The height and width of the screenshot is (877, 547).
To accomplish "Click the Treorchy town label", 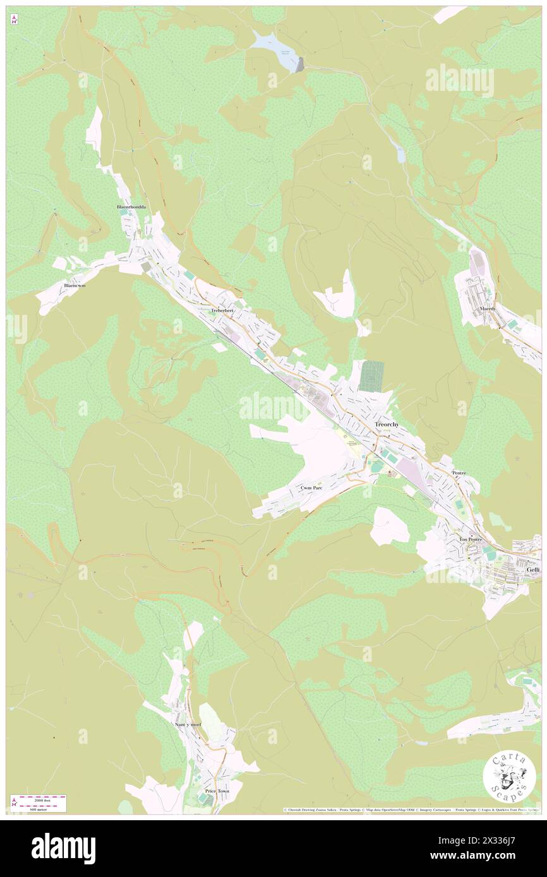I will (x=387, y=425).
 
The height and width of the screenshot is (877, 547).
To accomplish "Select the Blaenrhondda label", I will (x=131, y=207).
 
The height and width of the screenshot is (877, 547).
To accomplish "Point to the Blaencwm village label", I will (x=75, y=286).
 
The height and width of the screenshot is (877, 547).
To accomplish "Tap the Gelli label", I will (x=532, y=569).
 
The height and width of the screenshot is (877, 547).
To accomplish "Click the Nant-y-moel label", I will (x=187, y=724).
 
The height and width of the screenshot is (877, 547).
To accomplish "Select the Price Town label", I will (x=217, y=791).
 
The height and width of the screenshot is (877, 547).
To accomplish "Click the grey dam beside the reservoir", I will (x=300, y=64).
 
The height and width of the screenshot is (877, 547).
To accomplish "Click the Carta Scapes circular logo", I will (x=509, y=777).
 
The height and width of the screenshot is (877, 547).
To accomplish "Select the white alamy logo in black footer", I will (x=63, y=849).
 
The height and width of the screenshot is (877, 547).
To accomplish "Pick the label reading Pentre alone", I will (x=459, y=473).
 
